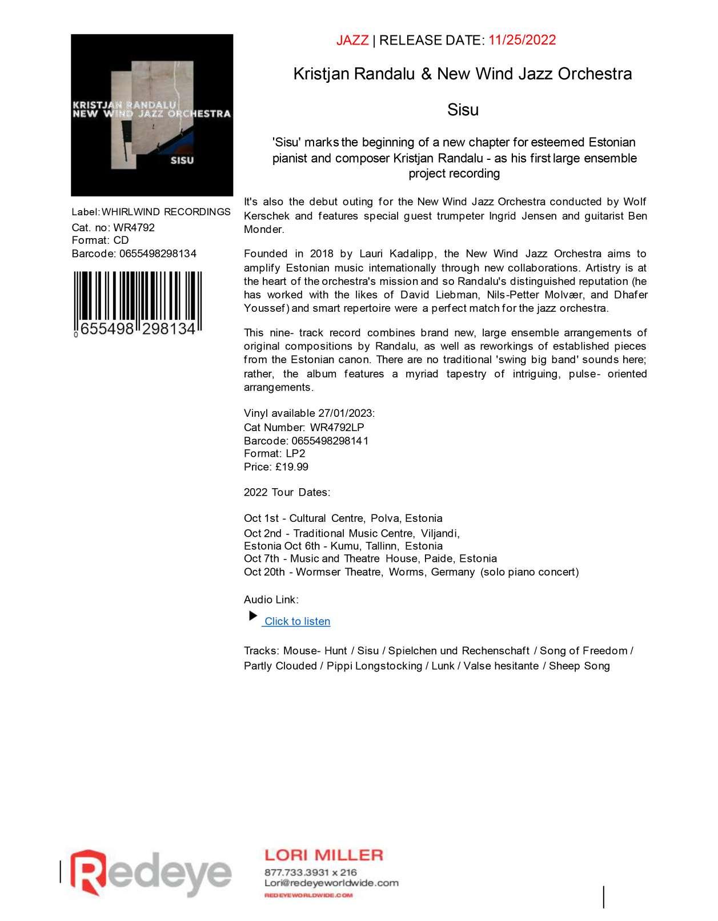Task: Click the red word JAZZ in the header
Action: [352, 40]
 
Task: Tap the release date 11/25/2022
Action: [522, 40]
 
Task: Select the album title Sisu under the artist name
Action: [463, 110]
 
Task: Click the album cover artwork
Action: [152, 115]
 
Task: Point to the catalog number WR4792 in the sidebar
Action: [134, 227]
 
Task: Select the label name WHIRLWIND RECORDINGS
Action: [166, 212]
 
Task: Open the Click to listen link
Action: [297, 621]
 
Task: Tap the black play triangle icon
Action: [253, 616]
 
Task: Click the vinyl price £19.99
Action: [292, 467]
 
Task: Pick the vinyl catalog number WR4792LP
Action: [337, 427]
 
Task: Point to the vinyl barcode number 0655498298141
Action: [330, 441]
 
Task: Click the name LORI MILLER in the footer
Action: [323, 855]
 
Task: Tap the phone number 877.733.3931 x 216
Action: [310, 872]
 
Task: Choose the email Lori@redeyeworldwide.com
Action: [331, 883]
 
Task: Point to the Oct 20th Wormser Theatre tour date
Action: [411, 572]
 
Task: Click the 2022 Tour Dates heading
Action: [287, 492]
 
